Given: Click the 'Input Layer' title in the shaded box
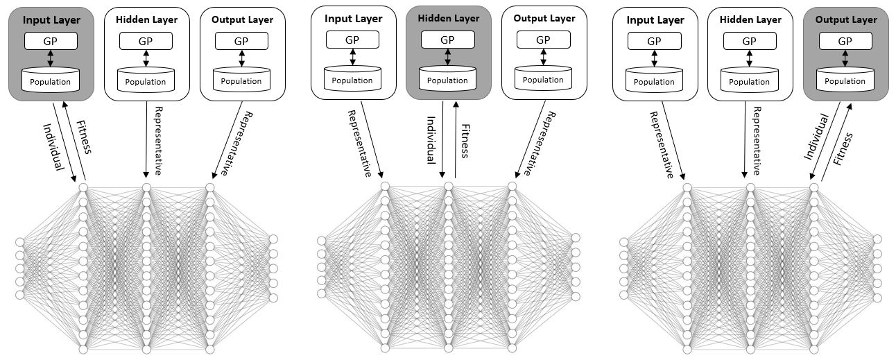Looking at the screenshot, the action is tap(51, 20).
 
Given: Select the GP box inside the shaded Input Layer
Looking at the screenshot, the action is tap(51, 41).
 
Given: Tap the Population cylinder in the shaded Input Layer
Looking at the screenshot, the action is tap(51, 80).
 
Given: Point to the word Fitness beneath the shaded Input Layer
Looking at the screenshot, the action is tap(84, 137).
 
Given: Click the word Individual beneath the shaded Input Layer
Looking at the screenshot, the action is tap(53, 147).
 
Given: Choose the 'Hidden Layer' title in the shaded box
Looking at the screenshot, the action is tap(449, 19).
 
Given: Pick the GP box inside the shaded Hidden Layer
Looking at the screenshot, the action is tap(447, 40).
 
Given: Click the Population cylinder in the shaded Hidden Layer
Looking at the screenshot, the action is tap(447, 78).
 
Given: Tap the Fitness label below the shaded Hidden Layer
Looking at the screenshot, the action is tap(465, 141).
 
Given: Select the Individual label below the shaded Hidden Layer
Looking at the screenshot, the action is tap(431, 140).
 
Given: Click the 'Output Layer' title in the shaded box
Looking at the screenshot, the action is tap(846, 19).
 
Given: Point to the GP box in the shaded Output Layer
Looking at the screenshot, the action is tap(845, 41).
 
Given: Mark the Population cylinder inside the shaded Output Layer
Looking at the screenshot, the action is tap(845, 80).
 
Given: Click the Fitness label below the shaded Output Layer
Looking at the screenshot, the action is tap(843, 149).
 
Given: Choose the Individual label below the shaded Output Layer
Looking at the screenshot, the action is tap(817, 137).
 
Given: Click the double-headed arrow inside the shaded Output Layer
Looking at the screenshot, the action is tap(845, 58).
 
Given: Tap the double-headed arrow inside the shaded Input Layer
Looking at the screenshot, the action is tap(51, 58).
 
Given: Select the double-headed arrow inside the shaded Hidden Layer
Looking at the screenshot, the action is tap(447, 57).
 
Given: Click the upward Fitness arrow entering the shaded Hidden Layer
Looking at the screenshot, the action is tap(456, 139).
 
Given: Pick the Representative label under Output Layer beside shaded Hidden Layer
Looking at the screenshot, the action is tap(540, 144).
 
